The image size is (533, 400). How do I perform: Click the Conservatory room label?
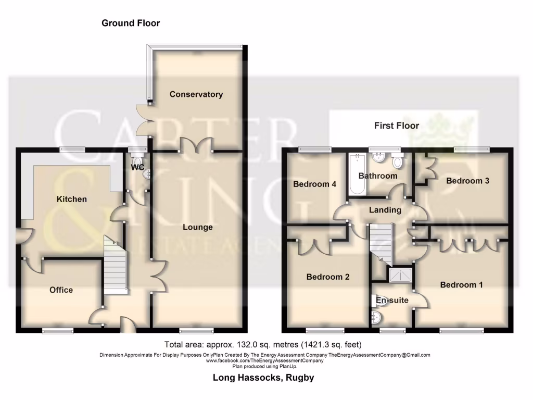click(196, 94)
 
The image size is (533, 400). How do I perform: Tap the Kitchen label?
click(71, 199)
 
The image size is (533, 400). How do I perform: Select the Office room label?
click(61, 290)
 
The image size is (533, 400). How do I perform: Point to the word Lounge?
click(197, 227)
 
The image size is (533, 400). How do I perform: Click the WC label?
click(137, 168)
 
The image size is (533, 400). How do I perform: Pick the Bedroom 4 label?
click(314, 184)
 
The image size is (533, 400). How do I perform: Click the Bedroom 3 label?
click(467, 181)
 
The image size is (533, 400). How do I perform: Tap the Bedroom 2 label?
click(327, 277)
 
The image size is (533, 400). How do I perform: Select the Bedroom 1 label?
click(461, 284)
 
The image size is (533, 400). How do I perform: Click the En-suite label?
click(392, 300)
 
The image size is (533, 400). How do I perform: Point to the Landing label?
click(385, 210)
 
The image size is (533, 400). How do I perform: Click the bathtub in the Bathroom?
click(358, 174)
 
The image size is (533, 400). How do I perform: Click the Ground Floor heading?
click(130, 23)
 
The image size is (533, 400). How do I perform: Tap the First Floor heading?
click(396, 126)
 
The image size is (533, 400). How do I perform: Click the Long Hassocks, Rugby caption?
click(263, 378)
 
